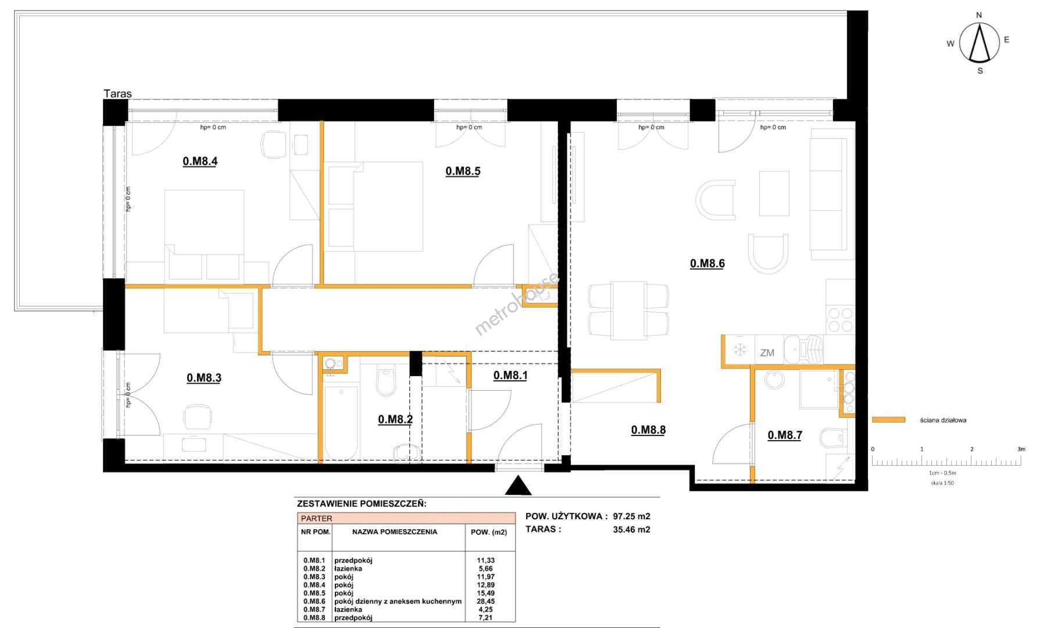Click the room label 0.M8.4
click(200, 161)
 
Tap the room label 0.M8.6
click(707, 263)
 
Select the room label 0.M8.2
click(395, 419)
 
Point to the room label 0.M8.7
click(785, 435)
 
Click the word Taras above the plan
click(117, 94)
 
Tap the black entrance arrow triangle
click(518, 486)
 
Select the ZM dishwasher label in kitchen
click(767, 353)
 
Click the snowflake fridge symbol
click(740, 350)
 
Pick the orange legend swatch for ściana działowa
click(889, 419)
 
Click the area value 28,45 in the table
click(485, 601)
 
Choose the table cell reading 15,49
click(485, 593)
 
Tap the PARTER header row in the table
click(406, 518)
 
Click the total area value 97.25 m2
click(631, 516)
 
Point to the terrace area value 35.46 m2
click(631, 529)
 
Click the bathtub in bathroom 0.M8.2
click(341, 422)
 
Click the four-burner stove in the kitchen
click(840, 320)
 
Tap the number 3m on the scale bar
click(1021, 449)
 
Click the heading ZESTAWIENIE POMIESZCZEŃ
click(362, 504)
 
